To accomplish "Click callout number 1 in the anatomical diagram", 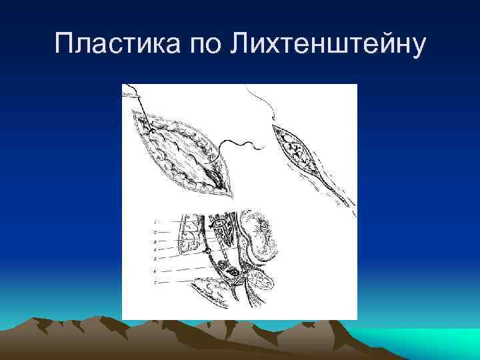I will (x=155, y=221).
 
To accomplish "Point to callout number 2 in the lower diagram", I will (x=155, y=231).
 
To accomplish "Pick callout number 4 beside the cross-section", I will (x=155, y=249).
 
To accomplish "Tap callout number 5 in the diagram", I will (x=155, y=257).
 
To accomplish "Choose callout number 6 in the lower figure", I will (x=155, y=271).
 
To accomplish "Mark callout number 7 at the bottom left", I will (x=155, y=283).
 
